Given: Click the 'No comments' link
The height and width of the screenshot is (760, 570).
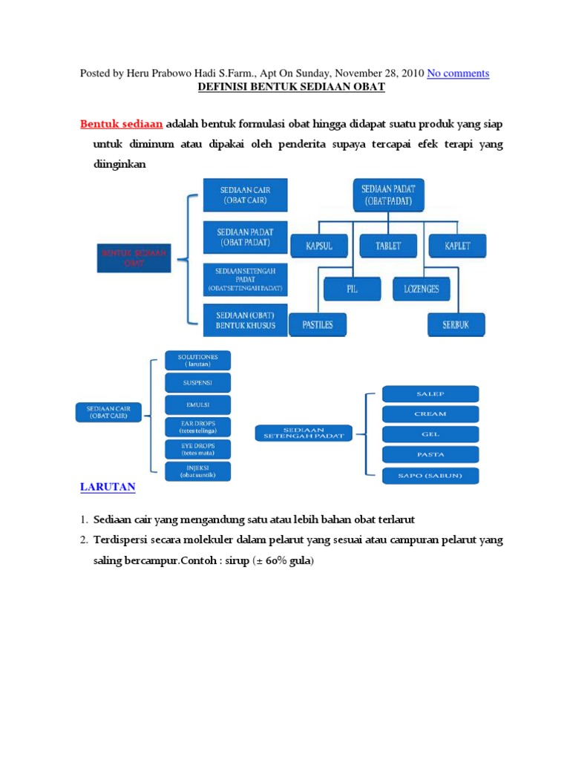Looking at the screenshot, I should (458, 73).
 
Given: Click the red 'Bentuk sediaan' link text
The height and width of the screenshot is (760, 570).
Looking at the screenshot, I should (121, 122).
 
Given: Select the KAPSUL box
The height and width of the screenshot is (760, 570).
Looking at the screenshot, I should (319, 246).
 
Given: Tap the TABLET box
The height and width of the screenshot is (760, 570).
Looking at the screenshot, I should (388, 246).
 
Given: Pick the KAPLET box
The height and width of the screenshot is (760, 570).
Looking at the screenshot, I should (457, 246).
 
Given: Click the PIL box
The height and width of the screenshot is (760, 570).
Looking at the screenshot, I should (352, 289).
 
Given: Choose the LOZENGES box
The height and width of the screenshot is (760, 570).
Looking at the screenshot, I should (422, 289).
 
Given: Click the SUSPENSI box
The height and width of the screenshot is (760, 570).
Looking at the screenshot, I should (198, 383).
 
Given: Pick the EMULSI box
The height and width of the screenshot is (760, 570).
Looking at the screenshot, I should (198, 404).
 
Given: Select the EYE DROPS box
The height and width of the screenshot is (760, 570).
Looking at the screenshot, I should (198, 449).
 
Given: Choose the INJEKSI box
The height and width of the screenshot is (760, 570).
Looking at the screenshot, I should (198, 471).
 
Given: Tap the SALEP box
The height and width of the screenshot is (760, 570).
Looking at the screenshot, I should (430, 394).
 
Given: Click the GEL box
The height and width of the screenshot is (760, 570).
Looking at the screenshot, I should (430, 434).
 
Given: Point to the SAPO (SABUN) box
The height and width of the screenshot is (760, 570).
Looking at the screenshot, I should (430, 476).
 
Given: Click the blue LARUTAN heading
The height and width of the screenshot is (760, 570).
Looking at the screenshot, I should (108, 487).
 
